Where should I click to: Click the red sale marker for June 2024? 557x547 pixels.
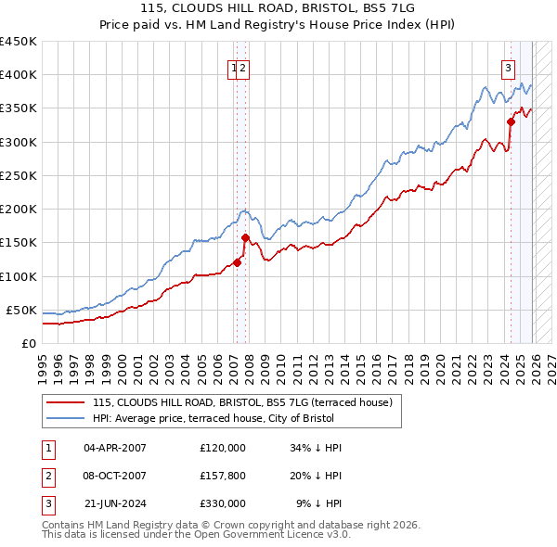511,121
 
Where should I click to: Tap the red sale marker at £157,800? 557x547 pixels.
245,236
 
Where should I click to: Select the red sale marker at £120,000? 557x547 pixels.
237,262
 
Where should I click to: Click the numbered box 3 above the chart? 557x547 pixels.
509,67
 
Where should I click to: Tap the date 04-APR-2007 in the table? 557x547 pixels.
115,448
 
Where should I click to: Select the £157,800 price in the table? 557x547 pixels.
223,476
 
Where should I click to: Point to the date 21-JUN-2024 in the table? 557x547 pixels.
115,503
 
